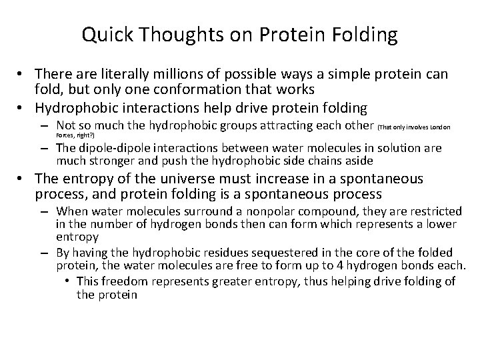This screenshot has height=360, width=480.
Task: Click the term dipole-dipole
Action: click(x=112, y=149)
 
